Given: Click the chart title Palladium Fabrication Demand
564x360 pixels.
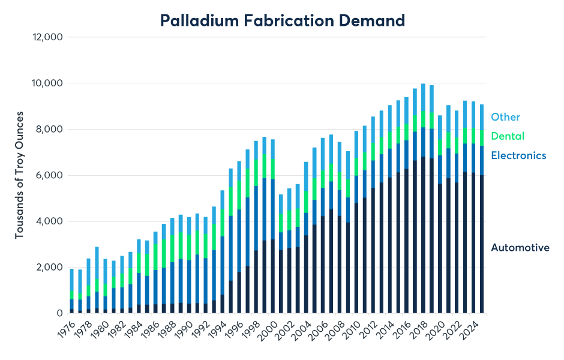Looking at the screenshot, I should click(282, 20).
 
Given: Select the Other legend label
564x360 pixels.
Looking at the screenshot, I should click(505, 117).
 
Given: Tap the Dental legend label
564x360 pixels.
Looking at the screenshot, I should click(508, 136).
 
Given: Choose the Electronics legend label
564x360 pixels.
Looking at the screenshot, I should click(518, 155).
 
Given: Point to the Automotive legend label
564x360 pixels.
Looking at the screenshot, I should click(520, 247).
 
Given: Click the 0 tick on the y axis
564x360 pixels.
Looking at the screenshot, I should click(60, 313).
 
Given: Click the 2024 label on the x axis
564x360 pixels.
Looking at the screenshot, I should click(473, 329).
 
